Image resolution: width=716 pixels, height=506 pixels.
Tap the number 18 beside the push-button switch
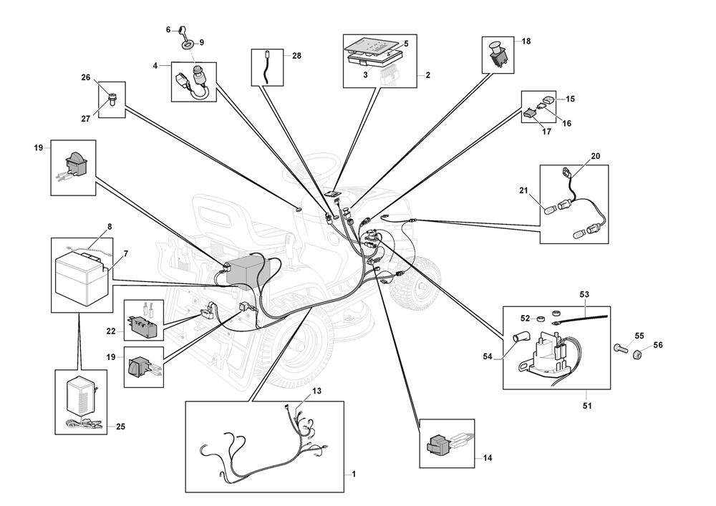tap(526, 42)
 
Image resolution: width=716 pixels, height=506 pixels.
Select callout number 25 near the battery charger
tap(120, 427)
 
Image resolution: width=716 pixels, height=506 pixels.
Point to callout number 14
tap(488, 457)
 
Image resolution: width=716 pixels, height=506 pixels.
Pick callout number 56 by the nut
tap(658, 345)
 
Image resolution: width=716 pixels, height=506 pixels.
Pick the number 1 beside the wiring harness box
tap(353, 475)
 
